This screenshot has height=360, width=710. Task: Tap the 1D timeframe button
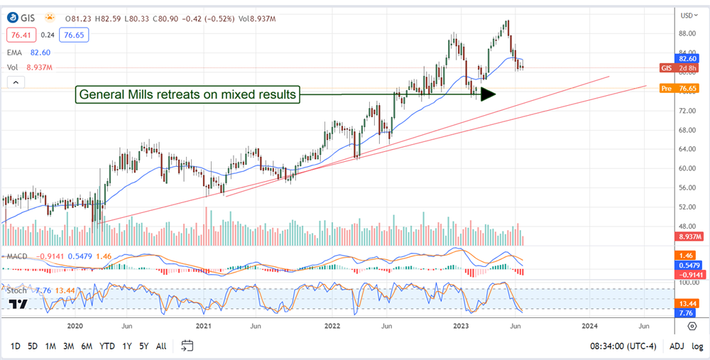click(x=14, y=346)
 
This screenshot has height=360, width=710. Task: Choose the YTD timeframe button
click(x=107, y=346)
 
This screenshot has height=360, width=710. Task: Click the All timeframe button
click(x=161, y=346)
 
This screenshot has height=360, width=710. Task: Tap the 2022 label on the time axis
click(x=332, y=326)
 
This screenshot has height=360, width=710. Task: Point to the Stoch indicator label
click(x=16, y=290)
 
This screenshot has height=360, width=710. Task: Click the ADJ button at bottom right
click(x=676, y=346)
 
